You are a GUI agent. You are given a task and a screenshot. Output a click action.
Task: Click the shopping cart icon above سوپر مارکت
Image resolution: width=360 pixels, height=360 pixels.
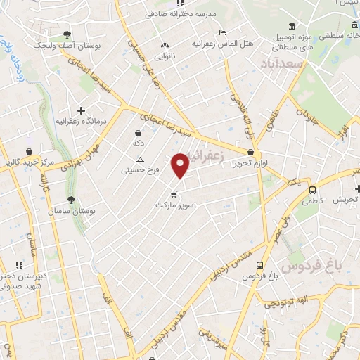[x=172, y=194]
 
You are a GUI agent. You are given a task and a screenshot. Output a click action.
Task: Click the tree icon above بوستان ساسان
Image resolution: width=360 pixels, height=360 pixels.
[x=71, y=200]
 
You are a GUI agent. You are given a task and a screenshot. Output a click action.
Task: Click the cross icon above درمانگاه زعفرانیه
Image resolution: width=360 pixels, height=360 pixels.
[x=82, y=110]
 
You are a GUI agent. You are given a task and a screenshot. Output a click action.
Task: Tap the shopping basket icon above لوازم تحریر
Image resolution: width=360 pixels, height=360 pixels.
[x=251, y=151]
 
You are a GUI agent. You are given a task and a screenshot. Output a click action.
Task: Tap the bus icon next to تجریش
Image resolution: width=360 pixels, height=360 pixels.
[x=312, y=189]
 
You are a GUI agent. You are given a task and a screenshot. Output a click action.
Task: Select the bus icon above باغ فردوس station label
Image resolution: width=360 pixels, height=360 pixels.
[x=260, y=266]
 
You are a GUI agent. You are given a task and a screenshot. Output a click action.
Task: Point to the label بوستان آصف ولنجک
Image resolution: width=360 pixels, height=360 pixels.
[x=67, y=44]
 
